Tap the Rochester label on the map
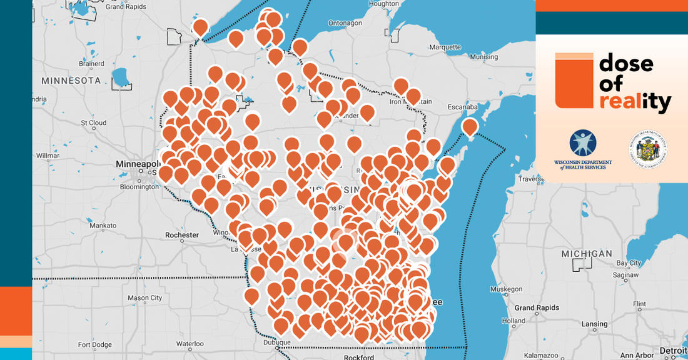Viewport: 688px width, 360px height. (x=182, y=235)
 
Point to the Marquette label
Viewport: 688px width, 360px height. (x=445, y=46)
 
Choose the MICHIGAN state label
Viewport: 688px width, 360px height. (x=587, y=253)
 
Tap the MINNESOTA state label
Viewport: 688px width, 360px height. (x=71, y=81)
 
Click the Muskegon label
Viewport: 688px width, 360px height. (x=505, y=289)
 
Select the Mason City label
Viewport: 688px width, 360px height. (x=144, y=298)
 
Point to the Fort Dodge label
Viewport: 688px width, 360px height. (x=94, y=344)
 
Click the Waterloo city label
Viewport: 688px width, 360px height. (x=190, y=343)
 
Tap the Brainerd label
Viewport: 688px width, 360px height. (x=91, y=63)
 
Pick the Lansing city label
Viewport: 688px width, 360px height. (x=594, y=324)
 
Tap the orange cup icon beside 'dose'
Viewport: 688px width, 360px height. (x=574, y=81)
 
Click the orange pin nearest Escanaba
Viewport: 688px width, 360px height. (x=470, y=127)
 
